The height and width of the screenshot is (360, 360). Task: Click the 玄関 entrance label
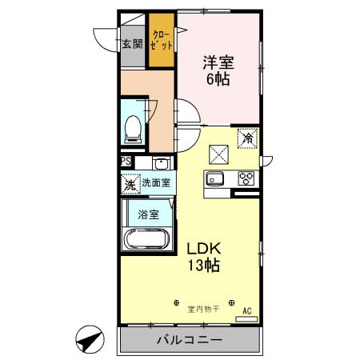132,44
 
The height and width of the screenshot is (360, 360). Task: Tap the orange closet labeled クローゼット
162,40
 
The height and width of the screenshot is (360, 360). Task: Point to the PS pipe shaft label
126,162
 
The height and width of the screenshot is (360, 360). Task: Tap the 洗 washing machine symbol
130,183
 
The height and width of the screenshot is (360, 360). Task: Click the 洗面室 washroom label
155,183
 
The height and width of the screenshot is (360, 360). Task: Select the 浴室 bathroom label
147,214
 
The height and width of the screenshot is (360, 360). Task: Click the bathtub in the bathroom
146,239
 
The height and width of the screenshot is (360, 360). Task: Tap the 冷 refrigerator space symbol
248,139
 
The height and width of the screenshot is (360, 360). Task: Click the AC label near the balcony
247,310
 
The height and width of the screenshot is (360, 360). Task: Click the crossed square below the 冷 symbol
220,153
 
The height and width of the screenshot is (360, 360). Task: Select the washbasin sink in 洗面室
146,164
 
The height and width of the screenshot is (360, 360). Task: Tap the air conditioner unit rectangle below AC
247,318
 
